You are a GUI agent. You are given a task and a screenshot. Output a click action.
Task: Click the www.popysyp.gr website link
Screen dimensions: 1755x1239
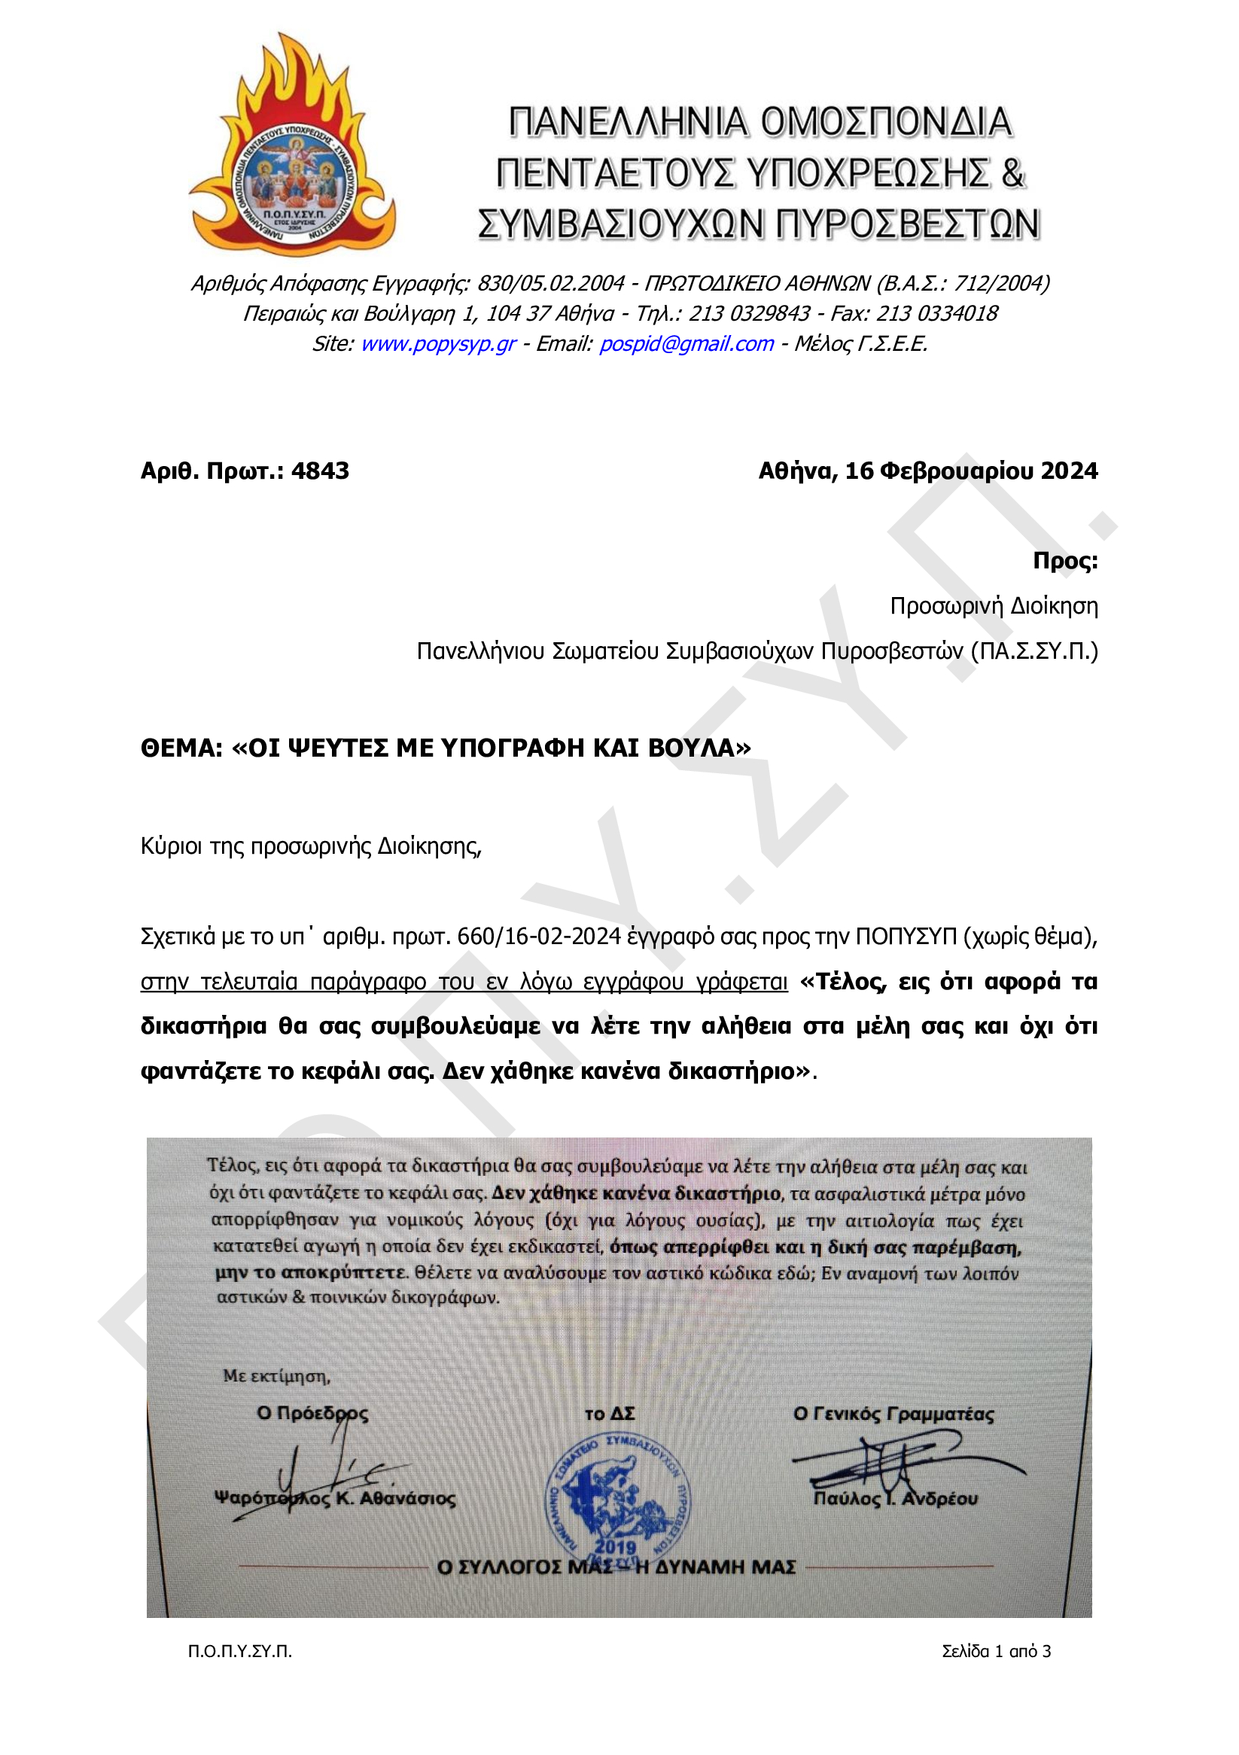pos(438,344)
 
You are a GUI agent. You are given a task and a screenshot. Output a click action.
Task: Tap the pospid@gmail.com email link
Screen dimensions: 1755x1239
pos(686,344)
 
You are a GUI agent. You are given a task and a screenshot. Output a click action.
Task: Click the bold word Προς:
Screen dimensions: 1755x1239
pos(1064,560)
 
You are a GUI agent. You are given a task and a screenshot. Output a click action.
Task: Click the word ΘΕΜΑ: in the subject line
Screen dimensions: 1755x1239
pos(181,748)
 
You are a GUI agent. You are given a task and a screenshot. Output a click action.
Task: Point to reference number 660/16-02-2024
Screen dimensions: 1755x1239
pos(539,937)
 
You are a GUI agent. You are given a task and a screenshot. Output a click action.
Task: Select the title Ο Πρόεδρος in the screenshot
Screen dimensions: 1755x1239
pos(312,1413)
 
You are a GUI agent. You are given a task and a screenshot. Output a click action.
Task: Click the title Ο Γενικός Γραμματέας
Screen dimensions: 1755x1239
pos(893,1414)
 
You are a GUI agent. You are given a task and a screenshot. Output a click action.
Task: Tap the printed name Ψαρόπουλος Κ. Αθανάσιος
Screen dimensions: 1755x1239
pos(335,1498)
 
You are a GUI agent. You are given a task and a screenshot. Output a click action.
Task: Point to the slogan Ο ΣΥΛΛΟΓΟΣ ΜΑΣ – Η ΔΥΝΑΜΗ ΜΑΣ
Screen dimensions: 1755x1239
pos(616,1567)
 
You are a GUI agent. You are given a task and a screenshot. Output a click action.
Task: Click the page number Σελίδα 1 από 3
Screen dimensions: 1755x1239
pos(996,1651)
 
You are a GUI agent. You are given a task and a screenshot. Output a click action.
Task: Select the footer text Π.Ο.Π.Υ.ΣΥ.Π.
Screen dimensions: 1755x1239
pos(240,1651)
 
